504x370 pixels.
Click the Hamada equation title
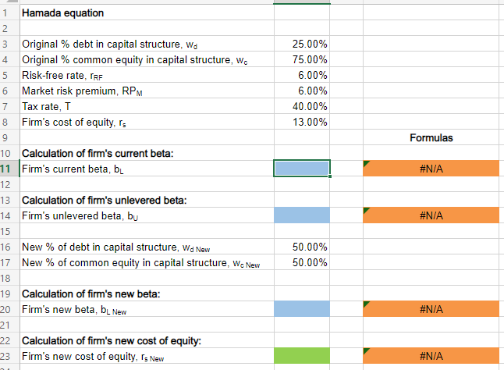coord(62,12)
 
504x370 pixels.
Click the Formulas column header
coord(431,137)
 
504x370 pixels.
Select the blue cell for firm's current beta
coord(302,168)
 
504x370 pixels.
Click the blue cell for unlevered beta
coord(302,215)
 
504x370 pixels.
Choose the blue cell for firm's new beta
coord(302,308)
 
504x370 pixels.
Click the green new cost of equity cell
coord(302,355)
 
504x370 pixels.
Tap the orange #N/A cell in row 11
coord(431,168)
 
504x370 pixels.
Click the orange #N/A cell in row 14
coord(431,215)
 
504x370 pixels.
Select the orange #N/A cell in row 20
coord(431,308)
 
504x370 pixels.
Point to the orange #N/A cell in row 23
coord(431,355)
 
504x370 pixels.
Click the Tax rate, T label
coord(48,106)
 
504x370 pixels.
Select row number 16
coord(6,247)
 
